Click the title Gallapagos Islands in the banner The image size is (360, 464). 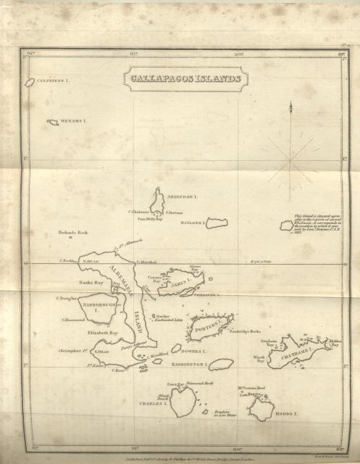(185, 79)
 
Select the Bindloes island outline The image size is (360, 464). (217, 223)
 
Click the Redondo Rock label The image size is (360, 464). (72, 233)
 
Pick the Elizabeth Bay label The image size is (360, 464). (103, 332)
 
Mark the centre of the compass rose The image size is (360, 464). (290, 158)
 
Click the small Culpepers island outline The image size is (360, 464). (29, 82)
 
